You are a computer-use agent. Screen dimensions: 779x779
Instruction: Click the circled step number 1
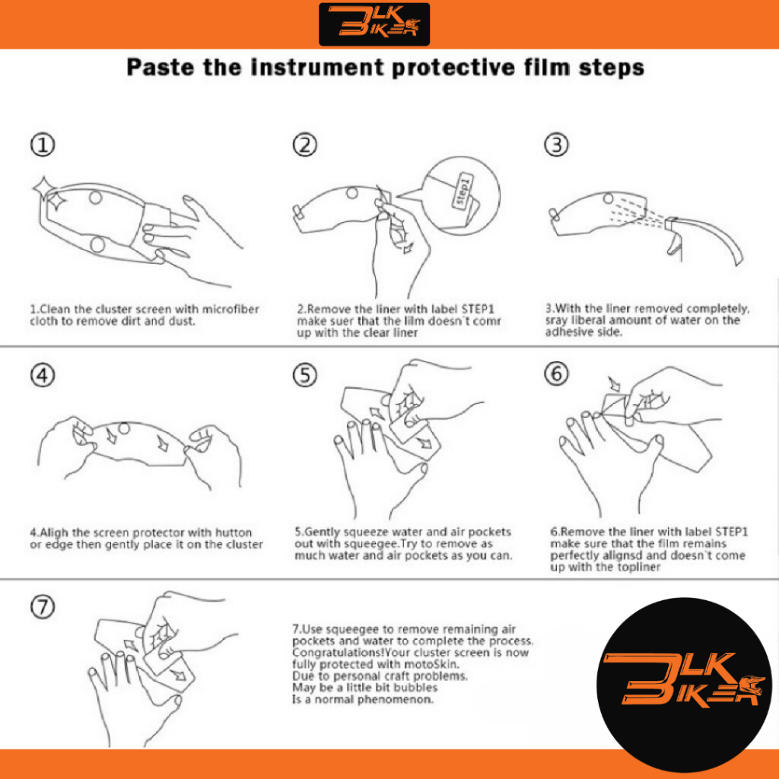43,145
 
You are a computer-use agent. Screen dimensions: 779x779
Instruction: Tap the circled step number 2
304,145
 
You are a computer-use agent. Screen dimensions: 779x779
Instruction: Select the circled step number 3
556,145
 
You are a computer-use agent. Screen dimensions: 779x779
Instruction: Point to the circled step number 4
43,375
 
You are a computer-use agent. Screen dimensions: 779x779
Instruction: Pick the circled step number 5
304,375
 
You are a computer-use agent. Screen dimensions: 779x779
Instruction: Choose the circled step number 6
556,374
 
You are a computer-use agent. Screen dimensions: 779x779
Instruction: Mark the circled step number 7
43,606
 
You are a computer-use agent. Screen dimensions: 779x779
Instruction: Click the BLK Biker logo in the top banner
374,24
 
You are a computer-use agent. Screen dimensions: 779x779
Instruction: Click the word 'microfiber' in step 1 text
231,309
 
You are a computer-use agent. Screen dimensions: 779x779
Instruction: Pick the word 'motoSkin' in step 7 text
431,664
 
